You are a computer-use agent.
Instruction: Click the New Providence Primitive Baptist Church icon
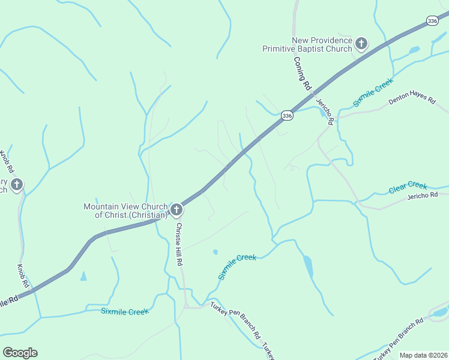click(361, 43)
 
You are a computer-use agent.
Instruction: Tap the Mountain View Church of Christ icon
click(176, 210)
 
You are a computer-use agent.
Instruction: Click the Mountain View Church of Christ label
click(125, 211)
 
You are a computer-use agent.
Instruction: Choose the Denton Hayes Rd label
click(411, 100)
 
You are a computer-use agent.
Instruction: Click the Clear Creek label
click(408, 187)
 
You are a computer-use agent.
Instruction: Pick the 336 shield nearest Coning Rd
click(287, 115)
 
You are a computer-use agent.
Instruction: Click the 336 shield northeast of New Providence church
click(433, 21)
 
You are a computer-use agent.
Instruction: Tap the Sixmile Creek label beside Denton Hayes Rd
click(373, 92)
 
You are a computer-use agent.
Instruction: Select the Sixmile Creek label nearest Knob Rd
click(124, 311)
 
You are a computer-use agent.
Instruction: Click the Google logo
click(20, 353)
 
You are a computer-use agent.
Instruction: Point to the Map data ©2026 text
click(423, 355)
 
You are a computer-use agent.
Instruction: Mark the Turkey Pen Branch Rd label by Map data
click(398, 339)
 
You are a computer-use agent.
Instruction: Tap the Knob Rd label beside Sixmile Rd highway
click(22, 274)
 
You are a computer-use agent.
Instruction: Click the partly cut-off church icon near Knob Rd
click(16, 185)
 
